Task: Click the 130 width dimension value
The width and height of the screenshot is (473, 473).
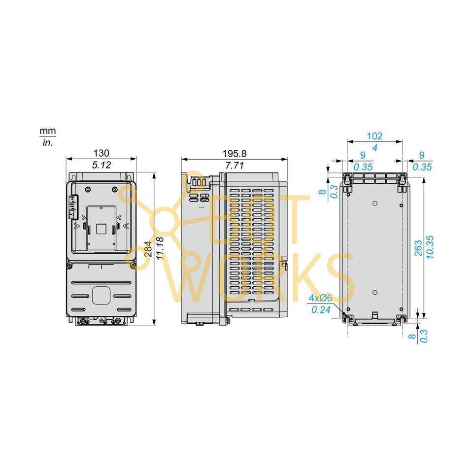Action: (101, 153)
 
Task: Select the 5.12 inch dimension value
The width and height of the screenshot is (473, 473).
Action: (101, 165)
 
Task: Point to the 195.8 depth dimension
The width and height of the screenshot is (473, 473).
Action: (234, 153)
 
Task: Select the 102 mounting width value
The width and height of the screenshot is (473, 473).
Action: (375, 136)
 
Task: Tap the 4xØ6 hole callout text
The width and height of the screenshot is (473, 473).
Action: (321, 299)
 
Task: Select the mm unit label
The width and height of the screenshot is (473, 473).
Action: (48, 132)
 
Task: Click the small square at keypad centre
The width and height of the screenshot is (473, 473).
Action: (101, 228)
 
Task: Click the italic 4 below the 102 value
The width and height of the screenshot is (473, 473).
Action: (375, 147)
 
